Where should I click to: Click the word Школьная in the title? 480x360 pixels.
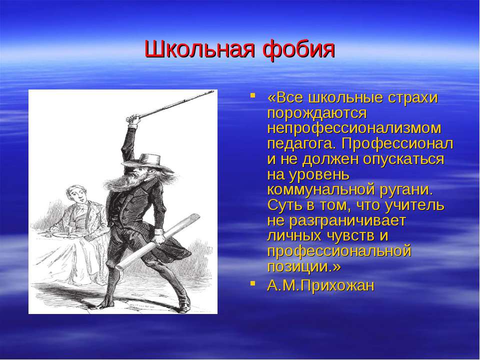[x=199, y=49]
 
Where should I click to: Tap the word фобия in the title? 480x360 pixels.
[x=299, y=49]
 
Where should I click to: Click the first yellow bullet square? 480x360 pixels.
[x=252, y=95]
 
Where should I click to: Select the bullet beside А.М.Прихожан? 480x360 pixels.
[x=252, y=283]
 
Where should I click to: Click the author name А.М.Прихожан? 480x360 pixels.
[x=320, y=285]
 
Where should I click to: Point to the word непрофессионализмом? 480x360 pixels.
[x=354, y=128]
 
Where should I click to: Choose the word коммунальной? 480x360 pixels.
[x=320, y=190]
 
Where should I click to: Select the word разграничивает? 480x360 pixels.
[x=347, y=220]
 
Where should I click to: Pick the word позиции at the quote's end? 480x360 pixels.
[x=298, y=266]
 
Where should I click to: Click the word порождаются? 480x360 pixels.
[x=317, y=113]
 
